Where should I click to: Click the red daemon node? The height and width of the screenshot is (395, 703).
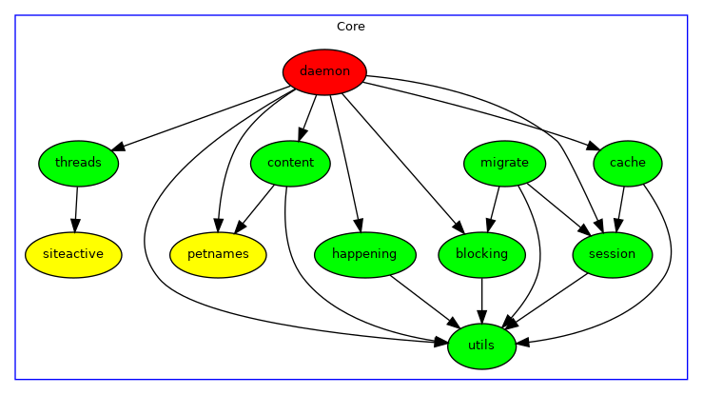(x=324, y=71)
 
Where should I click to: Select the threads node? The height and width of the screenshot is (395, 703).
(x=78, y=163)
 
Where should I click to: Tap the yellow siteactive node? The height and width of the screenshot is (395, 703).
(x=73, y=254)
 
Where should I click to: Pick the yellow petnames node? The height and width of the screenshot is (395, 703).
(x=218, y=254)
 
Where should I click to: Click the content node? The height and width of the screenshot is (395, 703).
(x=290, y=163)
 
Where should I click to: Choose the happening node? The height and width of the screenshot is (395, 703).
(x=365, y=254)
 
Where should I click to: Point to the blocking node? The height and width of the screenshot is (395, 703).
(x=482, y=254)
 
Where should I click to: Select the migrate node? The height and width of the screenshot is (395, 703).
(x=504, y=163)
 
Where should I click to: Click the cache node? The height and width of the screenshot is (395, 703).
(x=627, y=163)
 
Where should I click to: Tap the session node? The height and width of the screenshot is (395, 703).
(x=612, y=254)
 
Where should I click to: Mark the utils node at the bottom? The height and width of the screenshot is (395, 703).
(x=482, y=346)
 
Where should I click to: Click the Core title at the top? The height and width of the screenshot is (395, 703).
(x=351, y=27)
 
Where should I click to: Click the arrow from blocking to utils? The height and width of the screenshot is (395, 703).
(x=482, y=299)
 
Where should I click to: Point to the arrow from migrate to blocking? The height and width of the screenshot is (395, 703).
(x=494, y=207)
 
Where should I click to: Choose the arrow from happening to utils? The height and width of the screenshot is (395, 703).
(x=424, y=300)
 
